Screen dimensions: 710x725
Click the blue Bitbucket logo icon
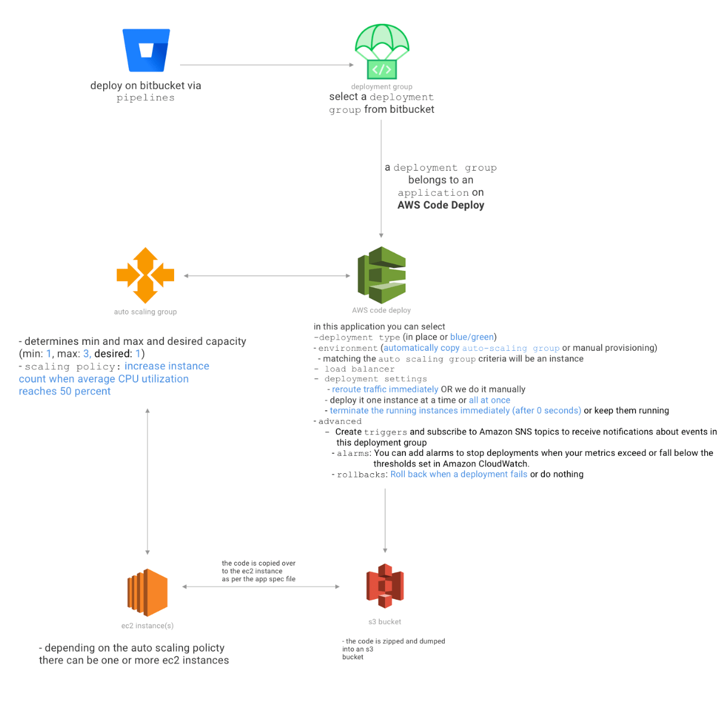146,50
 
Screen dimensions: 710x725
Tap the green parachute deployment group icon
382,52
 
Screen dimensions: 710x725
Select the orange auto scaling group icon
145,275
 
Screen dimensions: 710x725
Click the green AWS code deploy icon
382,275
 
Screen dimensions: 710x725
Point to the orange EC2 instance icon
147,592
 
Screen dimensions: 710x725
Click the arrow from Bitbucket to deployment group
267,65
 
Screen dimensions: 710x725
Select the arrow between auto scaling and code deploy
267,276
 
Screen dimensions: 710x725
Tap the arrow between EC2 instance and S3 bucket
261,587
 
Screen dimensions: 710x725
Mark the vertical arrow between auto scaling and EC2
148,481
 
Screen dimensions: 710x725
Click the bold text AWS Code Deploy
441,205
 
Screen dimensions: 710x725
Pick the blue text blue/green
472,337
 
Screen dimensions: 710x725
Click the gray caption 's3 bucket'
385,622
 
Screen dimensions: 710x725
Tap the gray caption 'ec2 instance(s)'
147,626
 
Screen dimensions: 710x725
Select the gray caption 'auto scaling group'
145,311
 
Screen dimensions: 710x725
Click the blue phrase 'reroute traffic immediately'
385,390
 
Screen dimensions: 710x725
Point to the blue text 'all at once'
489,400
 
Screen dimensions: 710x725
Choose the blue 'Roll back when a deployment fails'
458,474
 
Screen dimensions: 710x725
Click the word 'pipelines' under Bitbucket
145,98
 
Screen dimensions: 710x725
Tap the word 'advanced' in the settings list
340,421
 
